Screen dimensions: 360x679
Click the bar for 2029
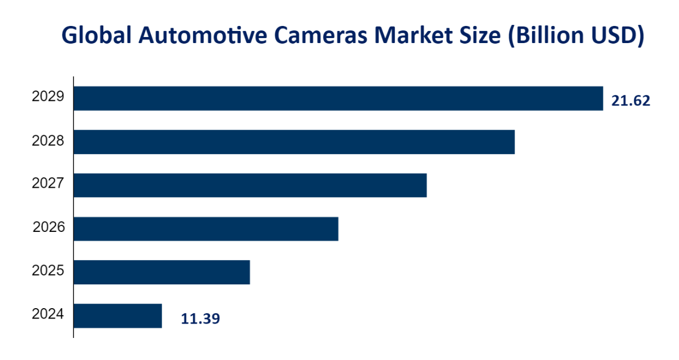[x=338, y=98]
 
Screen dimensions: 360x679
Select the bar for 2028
[x=294, y=142]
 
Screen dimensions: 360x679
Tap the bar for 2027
[x=250, y=185]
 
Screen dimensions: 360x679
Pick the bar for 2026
[x=205, y=229]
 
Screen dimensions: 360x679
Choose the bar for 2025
[x=161, y=272]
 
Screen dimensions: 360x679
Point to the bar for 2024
[x=118, y=315]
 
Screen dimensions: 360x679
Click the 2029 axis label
[x=48, y=97]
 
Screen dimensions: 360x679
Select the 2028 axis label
[x=48, y=141]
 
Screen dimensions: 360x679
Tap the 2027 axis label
[x=48, y=184]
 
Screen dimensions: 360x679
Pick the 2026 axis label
[x=49, y=227]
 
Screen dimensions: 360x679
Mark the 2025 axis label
[x=48, y=271]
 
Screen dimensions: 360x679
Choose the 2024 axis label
[x=48, y=314]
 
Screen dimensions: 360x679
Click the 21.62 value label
[x=631, y=101]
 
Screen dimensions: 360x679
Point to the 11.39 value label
[x=200, y=319]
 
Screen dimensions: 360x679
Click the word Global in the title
[x=97, y=35]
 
